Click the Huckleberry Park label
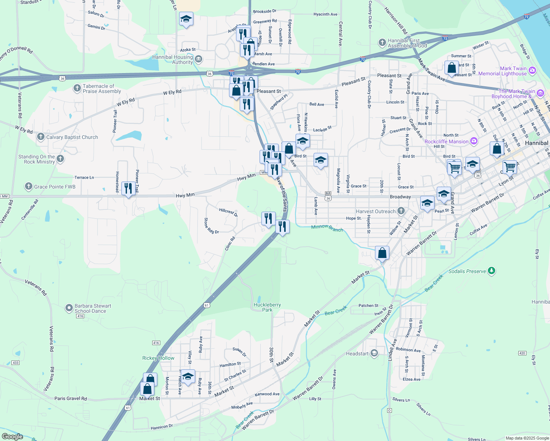pyautogui.click(x=267, y=307)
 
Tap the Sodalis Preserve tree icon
pyautogui.click(x=492, y=271)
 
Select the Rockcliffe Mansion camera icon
pyautogui.click(x=474, y=141)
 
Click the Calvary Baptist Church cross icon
pyautogui.click(x=41, y=137)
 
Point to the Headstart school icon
pyautogui.click(x=374, y=354)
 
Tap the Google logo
pyautogui.click(x=12, y=436)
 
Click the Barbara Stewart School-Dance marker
pyautogui.click(x=69, y=308)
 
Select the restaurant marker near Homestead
pyautogui.click(x=128, y=189)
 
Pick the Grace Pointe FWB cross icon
pyautogui.click(x=29, y=187)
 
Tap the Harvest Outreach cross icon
pyautogui.click(x=401, y=211)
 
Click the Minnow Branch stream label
pyautogui.click(x=327, y=228)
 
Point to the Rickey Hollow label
pyautogui.click(x=158, y=358)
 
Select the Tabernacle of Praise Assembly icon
pyautogui.click(x=77, y=88)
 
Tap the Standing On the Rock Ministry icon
pyautogui.click(x=60, y=159)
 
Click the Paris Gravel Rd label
pyautogui.click(x=71, y=398)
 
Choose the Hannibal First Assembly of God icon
pyautogui.click(x=382, y=43)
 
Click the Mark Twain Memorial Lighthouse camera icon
pyautogui.click(x=532, y=69)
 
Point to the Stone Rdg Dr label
pyautogui.click(x=211, y=226)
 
